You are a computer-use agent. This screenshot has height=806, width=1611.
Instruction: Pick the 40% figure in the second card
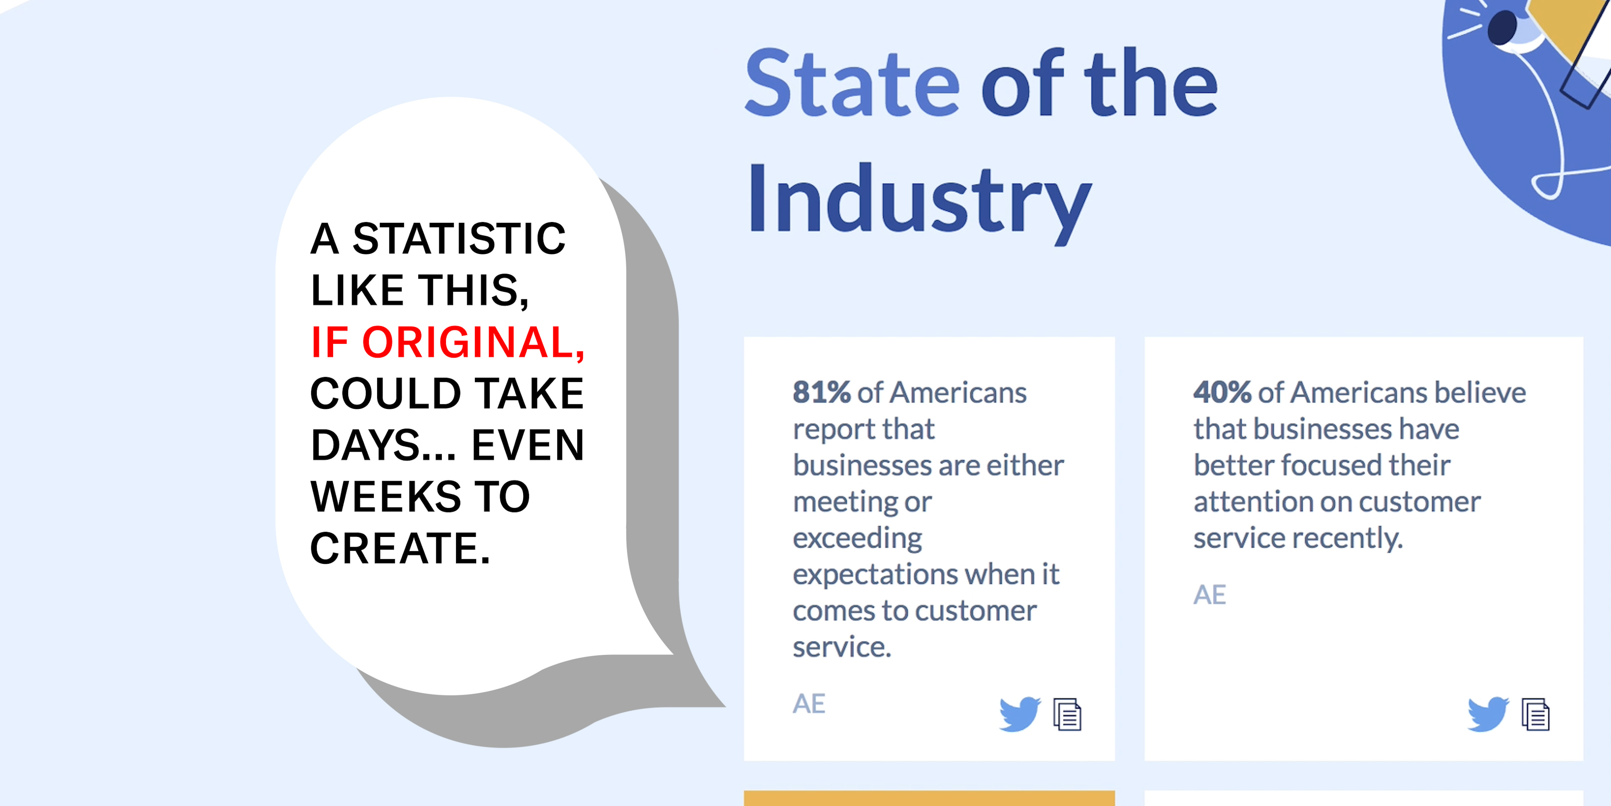[x=1222, y=393]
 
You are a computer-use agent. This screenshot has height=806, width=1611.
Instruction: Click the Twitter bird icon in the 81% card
[x=1019, y=714]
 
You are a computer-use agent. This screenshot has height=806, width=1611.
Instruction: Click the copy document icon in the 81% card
[x=1068, y=714]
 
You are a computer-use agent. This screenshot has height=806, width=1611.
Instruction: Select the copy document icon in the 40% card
[x=1535, y=714]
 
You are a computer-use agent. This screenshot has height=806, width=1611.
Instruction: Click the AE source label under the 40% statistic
[x=1210, y=594]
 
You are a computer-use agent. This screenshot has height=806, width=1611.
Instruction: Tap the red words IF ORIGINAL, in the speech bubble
[x=448, y=343]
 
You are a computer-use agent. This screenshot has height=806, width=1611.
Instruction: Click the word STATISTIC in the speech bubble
[x=459, y=238]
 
